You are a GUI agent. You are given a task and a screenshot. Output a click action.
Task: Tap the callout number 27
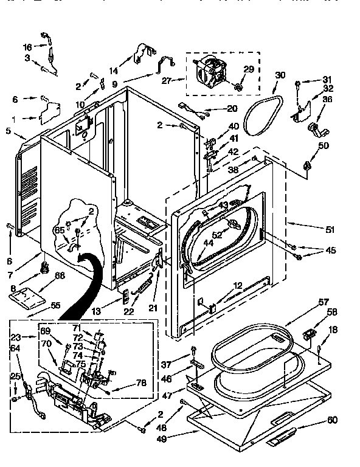point(167,80)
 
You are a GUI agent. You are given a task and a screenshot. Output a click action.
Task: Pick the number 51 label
point(330,229)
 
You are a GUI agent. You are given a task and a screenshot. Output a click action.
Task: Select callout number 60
point(332,420)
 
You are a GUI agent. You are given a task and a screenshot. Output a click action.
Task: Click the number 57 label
point(323,302)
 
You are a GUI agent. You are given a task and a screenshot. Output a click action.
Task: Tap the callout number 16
point(27,47)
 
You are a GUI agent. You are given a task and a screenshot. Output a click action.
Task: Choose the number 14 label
point(114,71)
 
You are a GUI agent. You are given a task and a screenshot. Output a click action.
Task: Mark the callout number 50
point(323,146)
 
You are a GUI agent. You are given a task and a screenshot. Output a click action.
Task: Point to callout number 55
point(55,305)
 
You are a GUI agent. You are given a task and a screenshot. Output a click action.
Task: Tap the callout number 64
point(15,348)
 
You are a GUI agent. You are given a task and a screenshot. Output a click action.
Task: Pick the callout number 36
point(327,100)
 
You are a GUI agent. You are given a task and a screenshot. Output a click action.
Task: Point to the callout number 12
point(238,285)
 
